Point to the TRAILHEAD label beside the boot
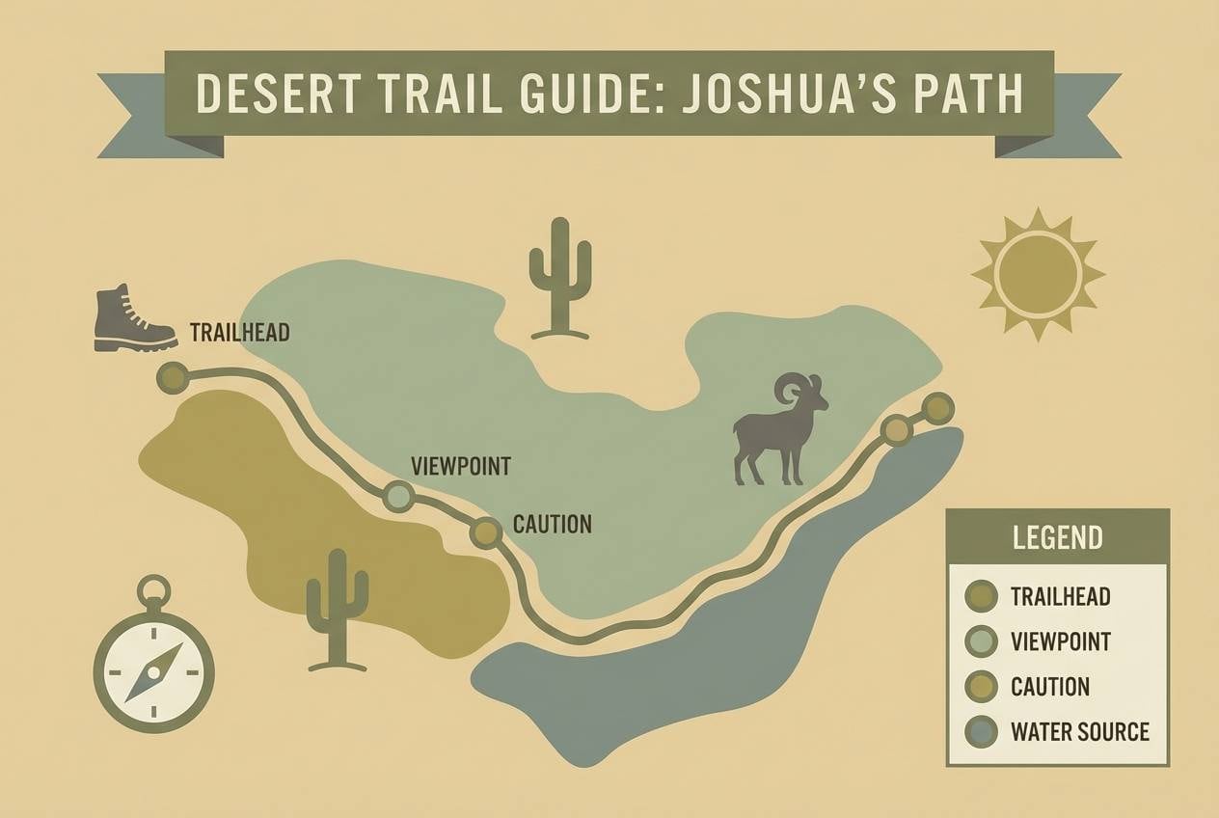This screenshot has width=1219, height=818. pyautogui.click(x=239, y=333)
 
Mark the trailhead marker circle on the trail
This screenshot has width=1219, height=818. pyautogui.click(x=174, y=377)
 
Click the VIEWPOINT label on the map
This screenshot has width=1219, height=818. pyautogui.click(x=460, y=466)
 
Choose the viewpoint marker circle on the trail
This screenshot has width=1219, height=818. pyautogui.click(x=398, y=497)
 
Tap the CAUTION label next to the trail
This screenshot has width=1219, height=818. pyautogui.click(x=552, y=525)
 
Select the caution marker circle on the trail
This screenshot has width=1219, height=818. pyautogui.click(x=485, y=532)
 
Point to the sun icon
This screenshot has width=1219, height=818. pyautogui.click(x=1038, y=274)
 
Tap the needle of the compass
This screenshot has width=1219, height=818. pyautogui.click(x=153, y=671)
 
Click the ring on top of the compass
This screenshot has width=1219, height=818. pyautogui.click(x=153, y=589)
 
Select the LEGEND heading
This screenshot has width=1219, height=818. pyautogui.click(x=1058, y=537)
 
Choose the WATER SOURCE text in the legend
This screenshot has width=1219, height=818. pyautogui.click(x=1079, y=731)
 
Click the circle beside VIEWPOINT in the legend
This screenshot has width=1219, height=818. pyautogui.click(x=981, y=641)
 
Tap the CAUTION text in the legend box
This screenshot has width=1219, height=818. pyautogui.click(x=1050, y=687)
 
